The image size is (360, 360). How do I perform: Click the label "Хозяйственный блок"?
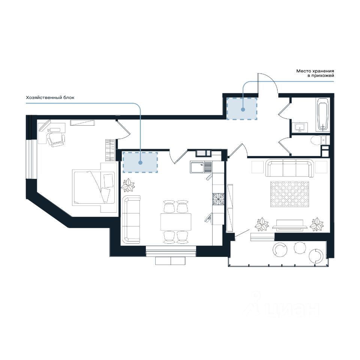tap(50, 97)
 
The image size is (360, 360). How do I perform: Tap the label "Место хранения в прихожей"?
tap(315, 73)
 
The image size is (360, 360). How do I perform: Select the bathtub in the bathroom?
tap(323, 115)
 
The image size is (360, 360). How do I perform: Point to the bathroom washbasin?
tap(300, 127)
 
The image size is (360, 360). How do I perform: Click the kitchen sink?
tap(201, 167)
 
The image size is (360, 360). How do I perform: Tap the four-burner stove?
tap(218, 199)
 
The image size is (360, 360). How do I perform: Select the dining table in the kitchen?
tap(175, 222)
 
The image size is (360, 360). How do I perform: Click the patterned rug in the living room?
tap(290, 194)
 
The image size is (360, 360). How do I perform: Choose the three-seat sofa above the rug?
tap(289, 168)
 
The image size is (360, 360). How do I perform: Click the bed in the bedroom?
tap(93, 186)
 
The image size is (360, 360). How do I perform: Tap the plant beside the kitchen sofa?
tap(128, 185)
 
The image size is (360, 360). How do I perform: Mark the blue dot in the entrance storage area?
tap(243, 109)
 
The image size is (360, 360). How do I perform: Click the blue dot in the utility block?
tap(140, 162)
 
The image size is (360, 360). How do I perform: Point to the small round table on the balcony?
tap(300, 248)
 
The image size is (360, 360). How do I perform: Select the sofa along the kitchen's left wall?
tap(131, 219)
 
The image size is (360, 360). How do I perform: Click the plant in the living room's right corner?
tap(316, 224)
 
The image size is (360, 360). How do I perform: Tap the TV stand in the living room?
tap(290, 227)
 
